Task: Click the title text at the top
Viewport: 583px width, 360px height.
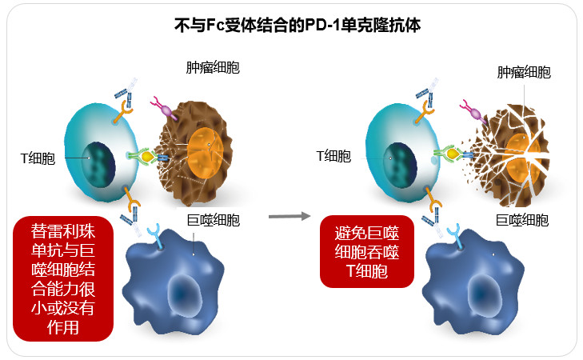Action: tap(297, 26)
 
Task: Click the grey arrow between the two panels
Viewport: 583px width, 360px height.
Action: tap(290, 216)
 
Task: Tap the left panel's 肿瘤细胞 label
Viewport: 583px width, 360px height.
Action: tap(213, 68)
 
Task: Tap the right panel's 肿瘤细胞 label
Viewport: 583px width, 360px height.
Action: tap(524, 72)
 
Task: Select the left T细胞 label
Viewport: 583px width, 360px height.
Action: tap(38, 158)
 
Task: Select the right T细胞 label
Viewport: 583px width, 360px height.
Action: tap(333, 156)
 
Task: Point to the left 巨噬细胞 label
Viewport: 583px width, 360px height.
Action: tap(214, 220)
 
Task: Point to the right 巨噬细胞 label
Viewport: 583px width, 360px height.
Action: tap(522, 220)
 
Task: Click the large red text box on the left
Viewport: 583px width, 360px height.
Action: tap(63, 279)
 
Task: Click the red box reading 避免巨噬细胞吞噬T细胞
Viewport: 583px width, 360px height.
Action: tap(367, 252)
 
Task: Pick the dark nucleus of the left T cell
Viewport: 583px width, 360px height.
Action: tap(98, 164)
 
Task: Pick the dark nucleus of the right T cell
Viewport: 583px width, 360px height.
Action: tap(400, 166)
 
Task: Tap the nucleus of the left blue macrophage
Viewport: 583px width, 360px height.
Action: tap(185, 293)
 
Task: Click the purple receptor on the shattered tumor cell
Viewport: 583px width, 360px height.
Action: tap(473, 111)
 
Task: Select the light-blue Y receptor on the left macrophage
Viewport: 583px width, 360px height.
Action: tap(155, 237)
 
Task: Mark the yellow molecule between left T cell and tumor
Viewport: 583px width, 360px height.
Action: tap(147, 156)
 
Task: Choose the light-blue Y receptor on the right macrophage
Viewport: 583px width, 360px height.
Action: tap(455, 238)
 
